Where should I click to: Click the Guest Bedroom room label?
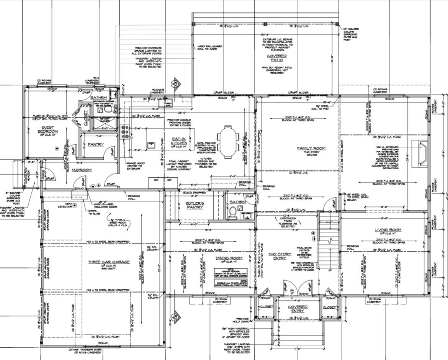click(47, 129)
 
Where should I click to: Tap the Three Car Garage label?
click(109, 262)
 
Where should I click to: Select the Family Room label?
click(311, 148)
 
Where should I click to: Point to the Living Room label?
click(388, 230)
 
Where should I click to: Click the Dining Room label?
click(229, 258)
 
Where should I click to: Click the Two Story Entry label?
click(280, 256)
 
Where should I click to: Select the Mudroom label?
click(81, 170)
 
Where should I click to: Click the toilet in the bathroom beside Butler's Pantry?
click(233, 212)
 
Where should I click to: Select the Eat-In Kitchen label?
click(178, 141)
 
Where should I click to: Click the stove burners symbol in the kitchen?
click(125, 132)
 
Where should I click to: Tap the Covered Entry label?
click(298, 309)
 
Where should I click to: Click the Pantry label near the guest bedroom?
click(95, 144)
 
